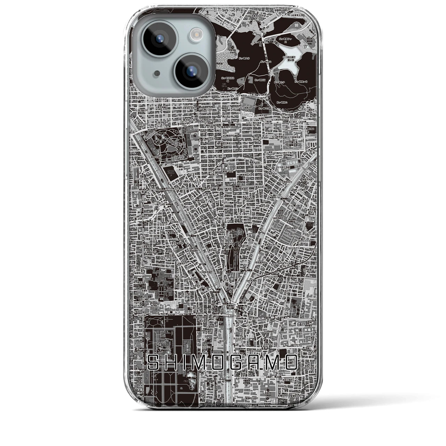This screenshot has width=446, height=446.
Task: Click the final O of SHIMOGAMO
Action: coord(291,362)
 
